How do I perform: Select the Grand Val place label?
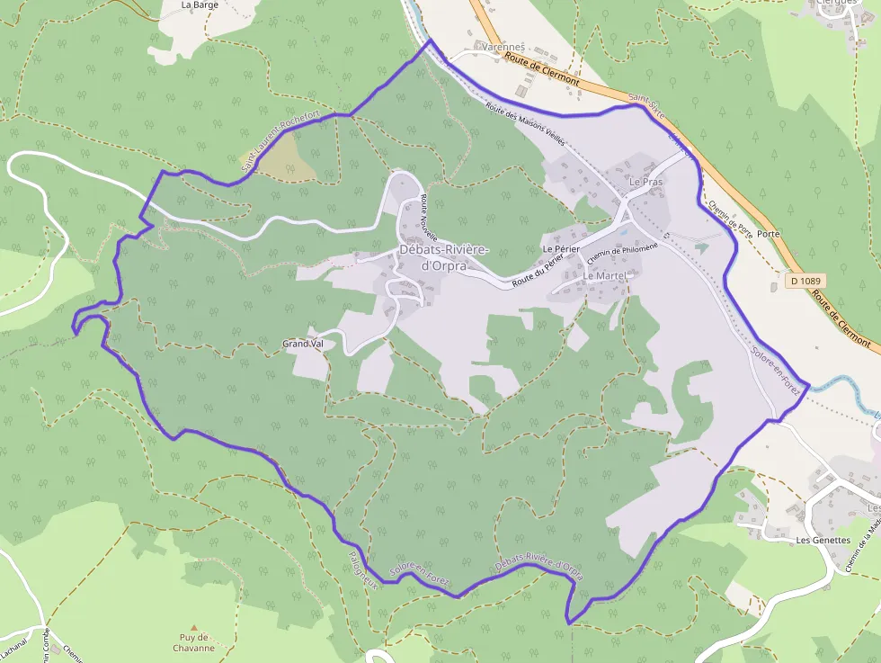[x=303, y=344]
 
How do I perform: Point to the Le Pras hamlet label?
[x=645, y=182]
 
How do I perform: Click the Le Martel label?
[x=604, y=275]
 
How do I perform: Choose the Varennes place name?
[x=503, y=47]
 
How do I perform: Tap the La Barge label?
[x=200, y=4]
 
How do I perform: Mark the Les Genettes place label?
[x=823, y=540]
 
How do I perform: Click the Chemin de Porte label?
[x=730, y=216]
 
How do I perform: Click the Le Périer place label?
[x=559, y=248]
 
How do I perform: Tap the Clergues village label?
[x=835, y=3]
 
